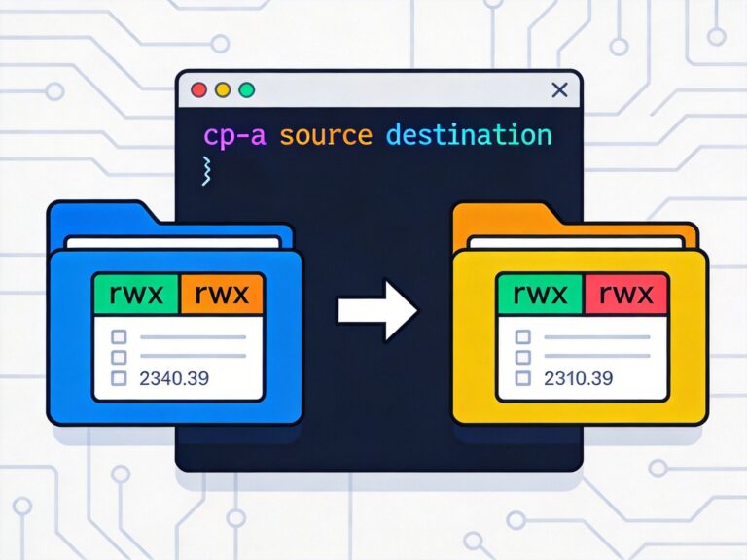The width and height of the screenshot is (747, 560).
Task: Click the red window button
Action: click(199, 90)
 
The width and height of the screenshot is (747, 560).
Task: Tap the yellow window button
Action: click(223, 90)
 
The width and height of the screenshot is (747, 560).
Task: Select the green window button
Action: click(246, 90)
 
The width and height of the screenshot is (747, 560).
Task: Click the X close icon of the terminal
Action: click(559, 90)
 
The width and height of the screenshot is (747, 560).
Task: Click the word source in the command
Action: click(327, 134)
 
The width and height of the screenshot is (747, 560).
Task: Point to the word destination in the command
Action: click(469, 134)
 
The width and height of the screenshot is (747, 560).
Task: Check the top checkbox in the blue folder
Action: click(120, 337)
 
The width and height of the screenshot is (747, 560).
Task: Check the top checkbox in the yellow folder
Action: click(523, 337)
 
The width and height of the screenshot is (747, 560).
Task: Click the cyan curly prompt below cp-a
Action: click(206, 169)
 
